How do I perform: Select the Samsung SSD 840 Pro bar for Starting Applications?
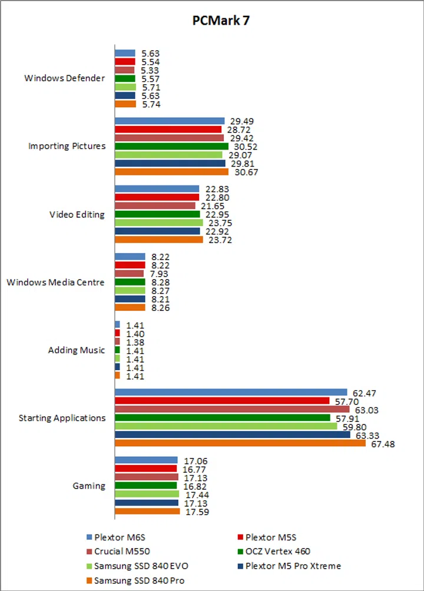click(x=240, y=444)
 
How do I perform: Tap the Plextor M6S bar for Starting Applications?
click(x=231, y=392)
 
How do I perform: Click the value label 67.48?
click(x=383, y=444)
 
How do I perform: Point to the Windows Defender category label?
click(x=65, y=78)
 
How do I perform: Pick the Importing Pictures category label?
click(x=67, y=146)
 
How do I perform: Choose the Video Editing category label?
click(x=77, y=214)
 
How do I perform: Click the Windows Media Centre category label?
click(x=56, y=282)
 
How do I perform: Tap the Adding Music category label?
click(x=77, y=350)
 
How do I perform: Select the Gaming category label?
click(x=89, y=486)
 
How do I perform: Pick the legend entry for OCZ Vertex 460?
click(x=277, y=552)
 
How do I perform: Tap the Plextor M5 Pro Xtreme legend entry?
click(x=293, y=566)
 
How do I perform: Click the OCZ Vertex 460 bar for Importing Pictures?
click(x=171, y=146)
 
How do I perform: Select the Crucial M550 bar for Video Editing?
click(x=155, y=205)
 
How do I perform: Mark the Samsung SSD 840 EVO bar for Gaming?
click(x=147, y=494)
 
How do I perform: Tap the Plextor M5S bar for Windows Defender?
click(x=125, y=61)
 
